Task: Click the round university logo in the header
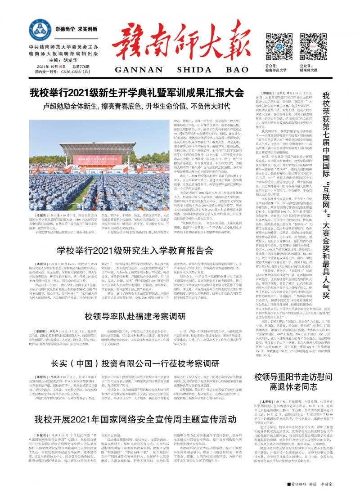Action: [x=40, y=31]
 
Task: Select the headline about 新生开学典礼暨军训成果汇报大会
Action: [x=137, y=93]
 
